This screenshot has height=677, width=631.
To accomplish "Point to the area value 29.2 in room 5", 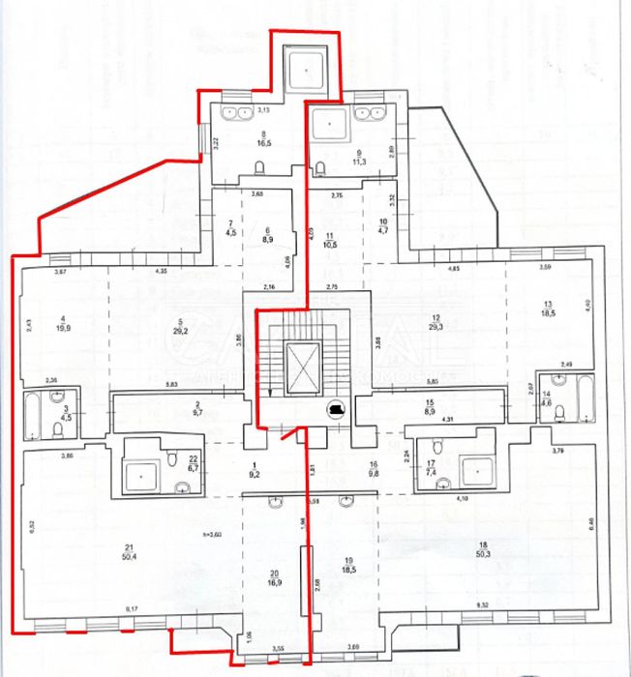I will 180,330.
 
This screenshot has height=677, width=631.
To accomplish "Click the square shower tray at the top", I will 306,70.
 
